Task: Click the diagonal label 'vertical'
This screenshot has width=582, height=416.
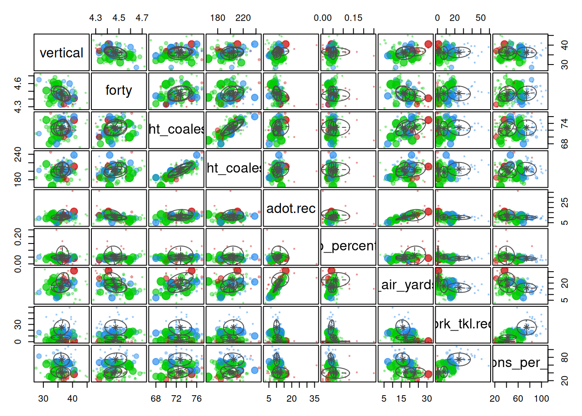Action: (61, 53)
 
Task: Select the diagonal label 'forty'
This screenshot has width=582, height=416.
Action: (119, 90)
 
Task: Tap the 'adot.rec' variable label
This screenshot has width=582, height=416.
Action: (291, 208)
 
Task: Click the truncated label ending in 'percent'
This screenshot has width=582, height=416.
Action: (349, 246)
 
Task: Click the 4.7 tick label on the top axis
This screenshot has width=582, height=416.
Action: (142, 18)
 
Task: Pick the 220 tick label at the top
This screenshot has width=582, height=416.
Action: (243, 18)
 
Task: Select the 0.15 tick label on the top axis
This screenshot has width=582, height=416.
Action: (353, 18)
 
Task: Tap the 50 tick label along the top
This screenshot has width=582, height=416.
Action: (481, 18)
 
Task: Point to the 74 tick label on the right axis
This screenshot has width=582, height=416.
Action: (565, 123)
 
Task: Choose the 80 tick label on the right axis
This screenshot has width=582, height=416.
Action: (565, 357)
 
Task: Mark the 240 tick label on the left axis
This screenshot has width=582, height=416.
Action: (18, 154)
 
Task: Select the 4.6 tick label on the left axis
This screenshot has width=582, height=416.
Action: (18, 83)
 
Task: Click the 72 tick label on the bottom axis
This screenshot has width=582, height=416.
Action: (176, 399)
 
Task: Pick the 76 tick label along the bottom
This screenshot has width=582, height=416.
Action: (197, 399)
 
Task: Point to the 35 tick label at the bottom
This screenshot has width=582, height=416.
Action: (314, 399)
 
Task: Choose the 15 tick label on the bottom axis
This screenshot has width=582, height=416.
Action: (401, 399)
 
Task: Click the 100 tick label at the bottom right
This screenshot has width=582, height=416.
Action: (541, 399)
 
